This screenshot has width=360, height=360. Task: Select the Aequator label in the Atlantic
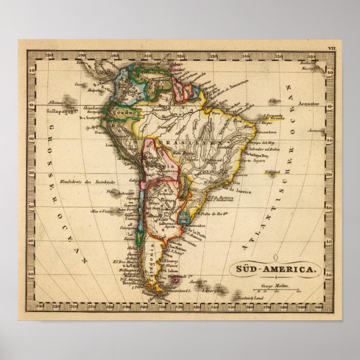308,103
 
